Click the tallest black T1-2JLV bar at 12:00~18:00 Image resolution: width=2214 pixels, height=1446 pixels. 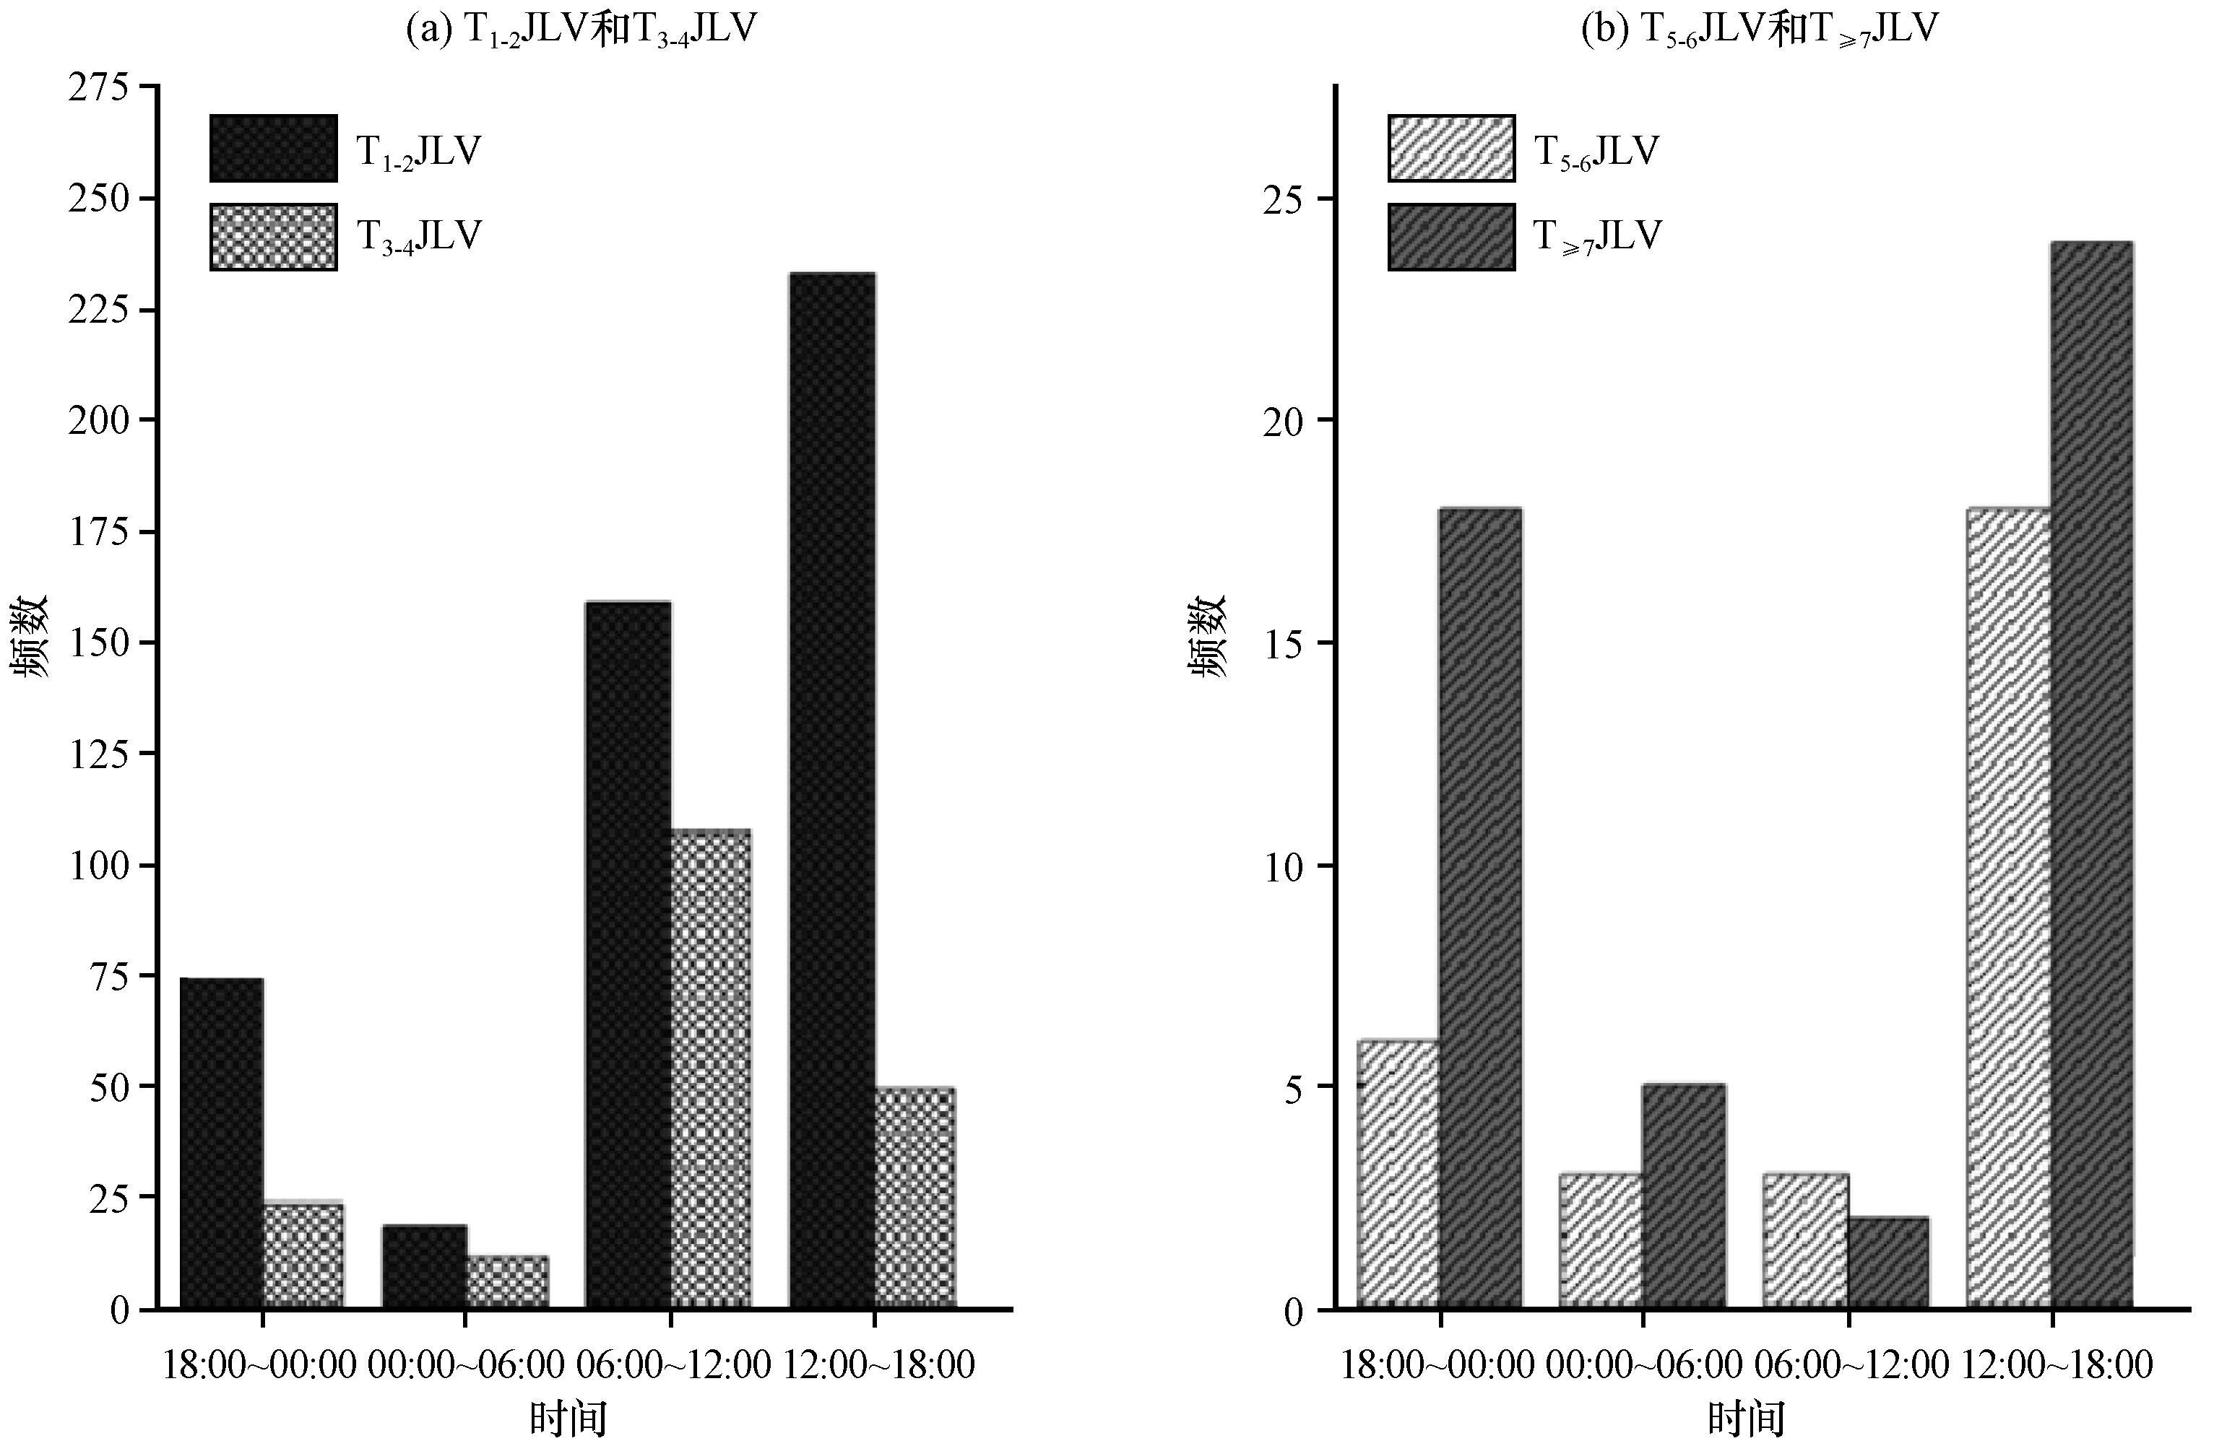point(833,790)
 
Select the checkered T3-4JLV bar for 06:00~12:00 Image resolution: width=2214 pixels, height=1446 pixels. point(711,1069)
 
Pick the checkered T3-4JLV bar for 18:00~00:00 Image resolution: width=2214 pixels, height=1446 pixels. point(303,1256)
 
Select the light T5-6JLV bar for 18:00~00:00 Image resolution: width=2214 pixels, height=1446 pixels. point(1398,1175)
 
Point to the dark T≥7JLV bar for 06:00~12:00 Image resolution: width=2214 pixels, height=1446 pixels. point(1888,1263)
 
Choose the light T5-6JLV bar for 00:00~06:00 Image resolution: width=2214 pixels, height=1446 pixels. point(1601,1242)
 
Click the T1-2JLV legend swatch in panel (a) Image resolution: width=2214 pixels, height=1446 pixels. point(274,149)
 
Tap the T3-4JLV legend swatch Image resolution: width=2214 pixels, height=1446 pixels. point(274,237)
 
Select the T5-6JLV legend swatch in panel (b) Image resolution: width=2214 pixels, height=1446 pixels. point(1451,149)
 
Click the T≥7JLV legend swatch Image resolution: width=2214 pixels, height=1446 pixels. point(1451,237)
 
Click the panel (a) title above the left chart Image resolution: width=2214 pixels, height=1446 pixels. point(581,30)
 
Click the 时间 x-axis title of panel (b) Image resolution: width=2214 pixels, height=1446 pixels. point(1746,1420)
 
